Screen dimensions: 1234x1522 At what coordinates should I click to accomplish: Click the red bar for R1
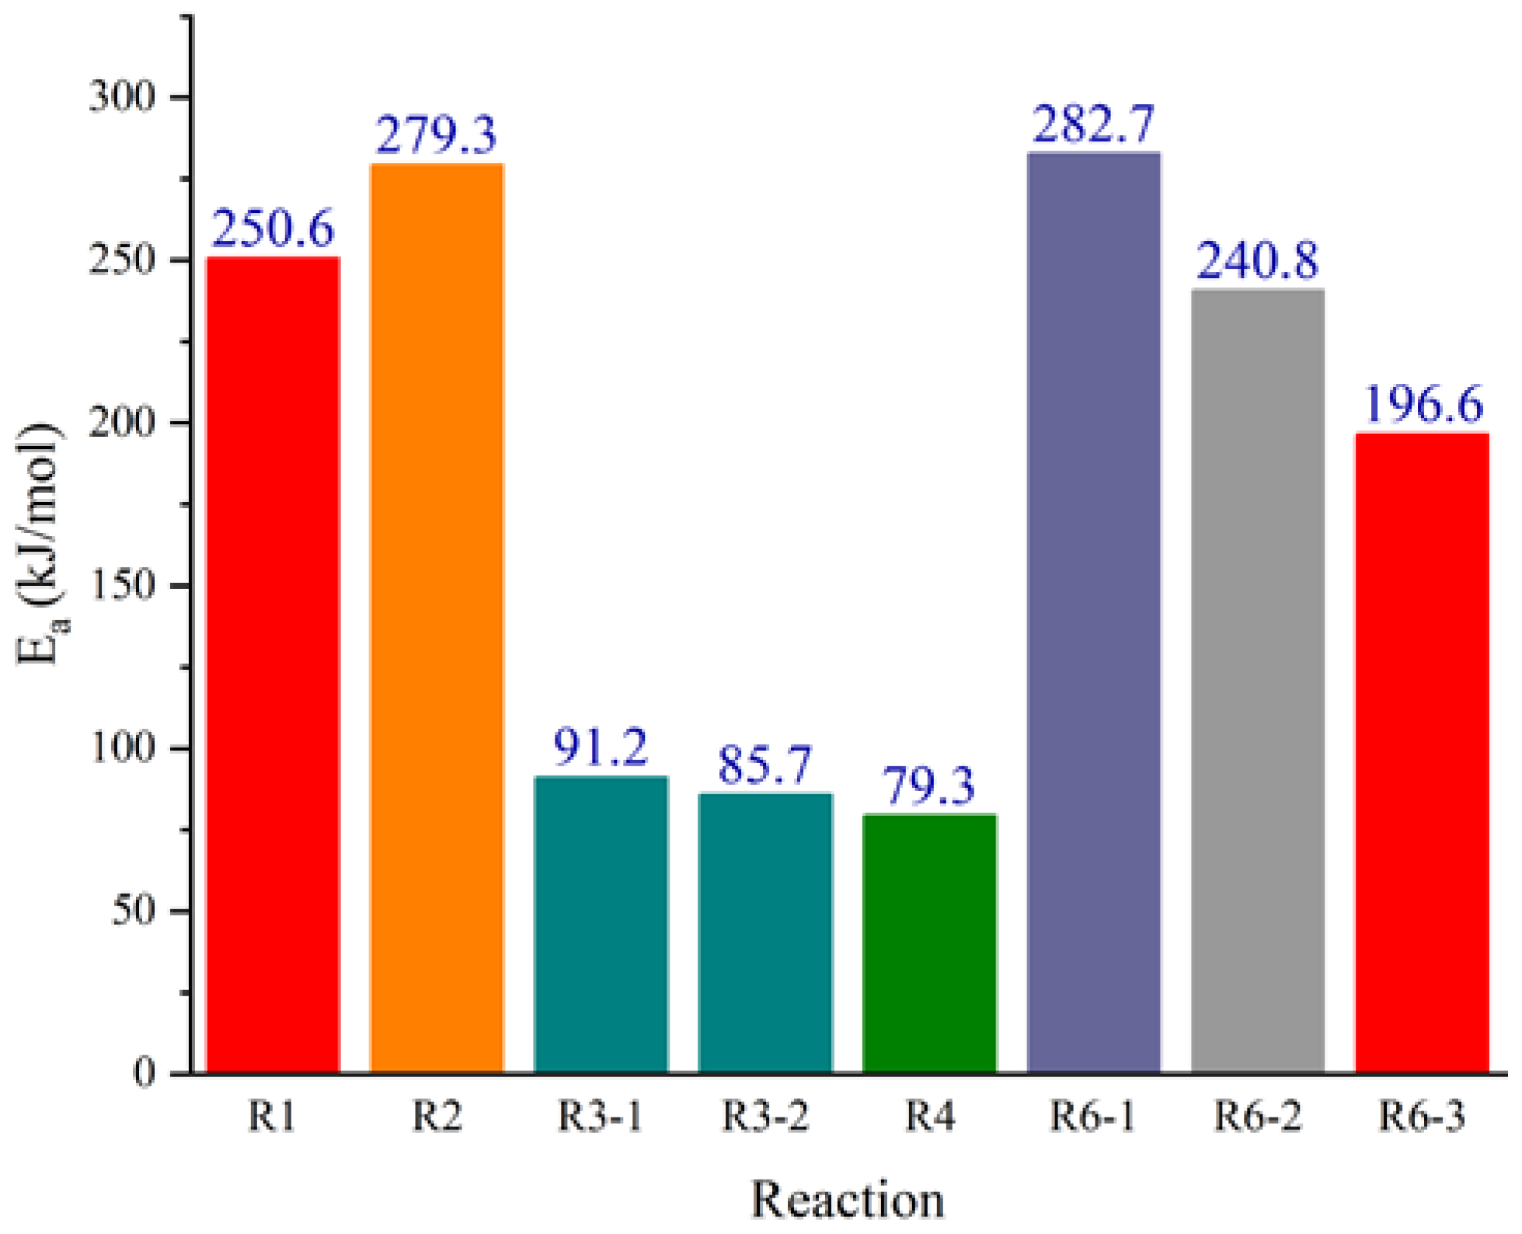pos(273,664)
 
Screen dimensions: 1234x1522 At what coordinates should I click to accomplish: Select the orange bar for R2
pos(437,618)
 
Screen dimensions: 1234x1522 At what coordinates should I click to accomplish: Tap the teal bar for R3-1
pos(601,924)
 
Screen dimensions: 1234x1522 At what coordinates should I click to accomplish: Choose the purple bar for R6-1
pos(1093,612)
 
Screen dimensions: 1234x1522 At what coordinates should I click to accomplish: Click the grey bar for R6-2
pos(1257,681)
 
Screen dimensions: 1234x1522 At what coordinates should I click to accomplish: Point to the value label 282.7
pos(1093,124)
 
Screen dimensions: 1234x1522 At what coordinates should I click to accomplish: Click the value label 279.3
pos(437,135)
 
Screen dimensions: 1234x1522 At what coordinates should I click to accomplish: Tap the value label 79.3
pos(929,786)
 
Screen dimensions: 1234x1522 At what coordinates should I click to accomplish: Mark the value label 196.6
pos(1423,405)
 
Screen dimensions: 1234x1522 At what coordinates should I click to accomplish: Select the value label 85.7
pos(765,765)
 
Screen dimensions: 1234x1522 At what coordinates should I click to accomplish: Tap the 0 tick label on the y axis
pos(144,1073)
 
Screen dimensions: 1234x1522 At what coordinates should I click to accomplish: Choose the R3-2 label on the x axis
pos(765,1117)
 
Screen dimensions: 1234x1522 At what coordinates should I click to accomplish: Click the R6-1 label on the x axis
pos(1093,1117)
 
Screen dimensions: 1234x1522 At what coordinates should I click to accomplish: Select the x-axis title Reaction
pos(848,1200)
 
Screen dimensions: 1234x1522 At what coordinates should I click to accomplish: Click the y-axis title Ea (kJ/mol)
pos(40,544)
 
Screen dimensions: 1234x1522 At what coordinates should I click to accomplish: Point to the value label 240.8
pos(1257,260)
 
